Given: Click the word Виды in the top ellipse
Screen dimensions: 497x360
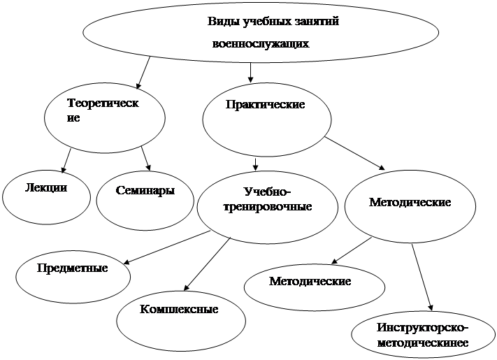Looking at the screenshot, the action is click(x=223, y=22).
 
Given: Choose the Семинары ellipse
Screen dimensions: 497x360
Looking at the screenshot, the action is click(x=145, y=196).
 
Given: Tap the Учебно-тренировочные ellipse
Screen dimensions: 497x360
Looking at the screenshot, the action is click(x=267, y=203).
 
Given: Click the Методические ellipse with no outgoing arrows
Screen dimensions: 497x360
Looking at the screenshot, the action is click(x=314, y=283).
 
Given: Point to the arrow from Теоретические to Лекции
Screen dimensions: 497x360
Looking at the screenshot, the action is click(x=66, y=159).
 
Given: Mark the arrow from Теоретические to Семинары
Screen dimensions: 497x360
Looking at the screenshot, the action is click(x=146, y=158).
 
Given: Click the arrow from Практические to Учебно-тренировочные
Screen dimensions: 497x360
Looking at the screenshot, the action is click(x=256, y=163).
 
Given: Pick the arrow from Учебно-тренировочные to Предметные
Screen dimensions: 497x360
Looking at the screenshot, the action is click(x=168, y=247).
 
